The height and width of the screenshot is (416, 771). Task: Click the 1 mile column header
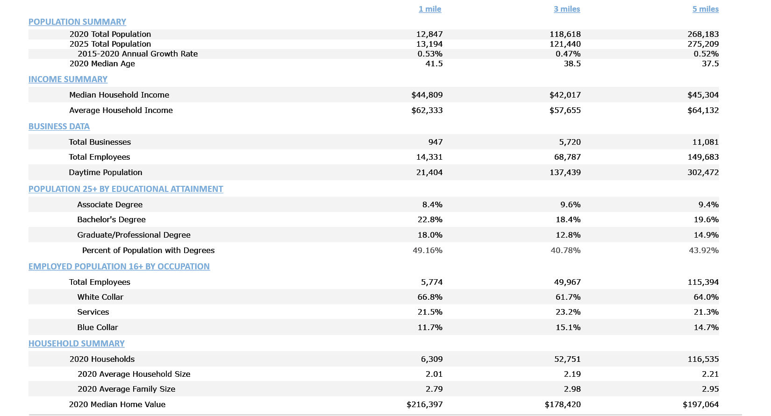click(429, 9)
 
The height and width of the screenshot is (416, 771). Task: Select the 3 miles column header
click(567, 9)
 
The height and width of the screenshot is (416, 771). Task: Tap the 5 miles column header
click(705, 9)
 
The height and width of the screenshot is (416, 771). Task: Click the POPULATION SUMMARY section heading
click(77, 22)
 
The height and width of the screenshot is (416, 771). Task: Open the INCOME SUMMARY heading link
click(68, 79)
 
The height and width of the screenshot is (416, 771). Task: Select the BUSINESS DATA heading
click(59, 127)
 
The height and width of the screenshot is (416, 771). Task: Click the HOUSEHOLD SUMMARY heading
click(76, 344)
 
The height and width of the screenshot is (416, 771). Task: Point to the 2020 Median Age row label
click(102, 63)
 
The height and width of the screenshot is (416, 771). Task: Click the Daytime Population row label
click(105, 172)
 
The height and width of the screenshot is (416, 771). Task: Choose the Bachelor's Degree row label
click(111, 219)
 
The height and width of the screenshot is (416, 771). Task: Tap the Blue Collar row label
click(97, 327)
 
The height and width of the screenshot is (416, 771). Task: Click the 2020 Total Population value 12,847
click(429, 34)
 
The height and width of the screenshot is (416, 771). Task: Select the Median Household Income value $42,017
click(565, 95)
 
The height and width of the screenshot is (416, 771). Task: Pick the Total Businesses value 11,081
click(705, 142)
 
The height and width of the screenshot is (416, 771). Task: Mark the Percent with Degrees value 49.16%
click(427, 250)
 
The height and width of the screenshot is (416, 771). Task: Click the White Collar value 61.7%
click(568, 297)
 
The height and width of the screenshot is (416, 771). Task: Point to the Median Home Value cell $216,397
click(424, 404)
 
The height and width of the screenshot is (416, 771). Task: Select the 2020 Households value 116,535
click(703, 359)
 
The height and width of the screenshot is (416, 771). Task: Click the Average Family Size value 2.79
click(434, 389)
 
